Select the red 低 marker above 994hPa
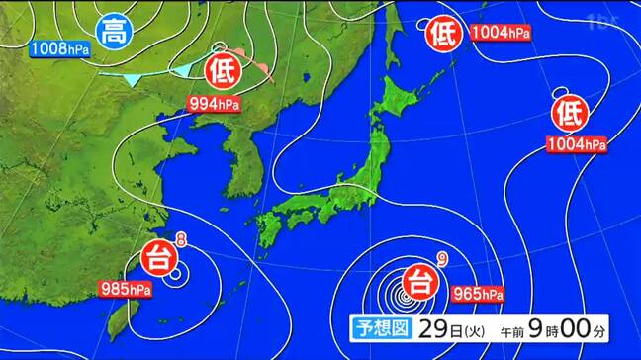pyautogui.click(x=222, y=70)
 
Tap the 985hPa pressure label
pyautogui.click(x=126, y=290)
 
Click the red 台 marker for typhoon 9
pyautogui.click(x=419, y=277)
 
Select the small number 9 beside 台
pyautogui.click(x=443, y=260)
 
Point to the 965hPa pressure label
pyautogui.click(x=479, y=293)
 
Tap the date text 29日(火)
pyautogui.click(x=440, y=327)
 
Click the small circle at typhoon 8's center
pyautogui.click(x=175, y=273)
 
